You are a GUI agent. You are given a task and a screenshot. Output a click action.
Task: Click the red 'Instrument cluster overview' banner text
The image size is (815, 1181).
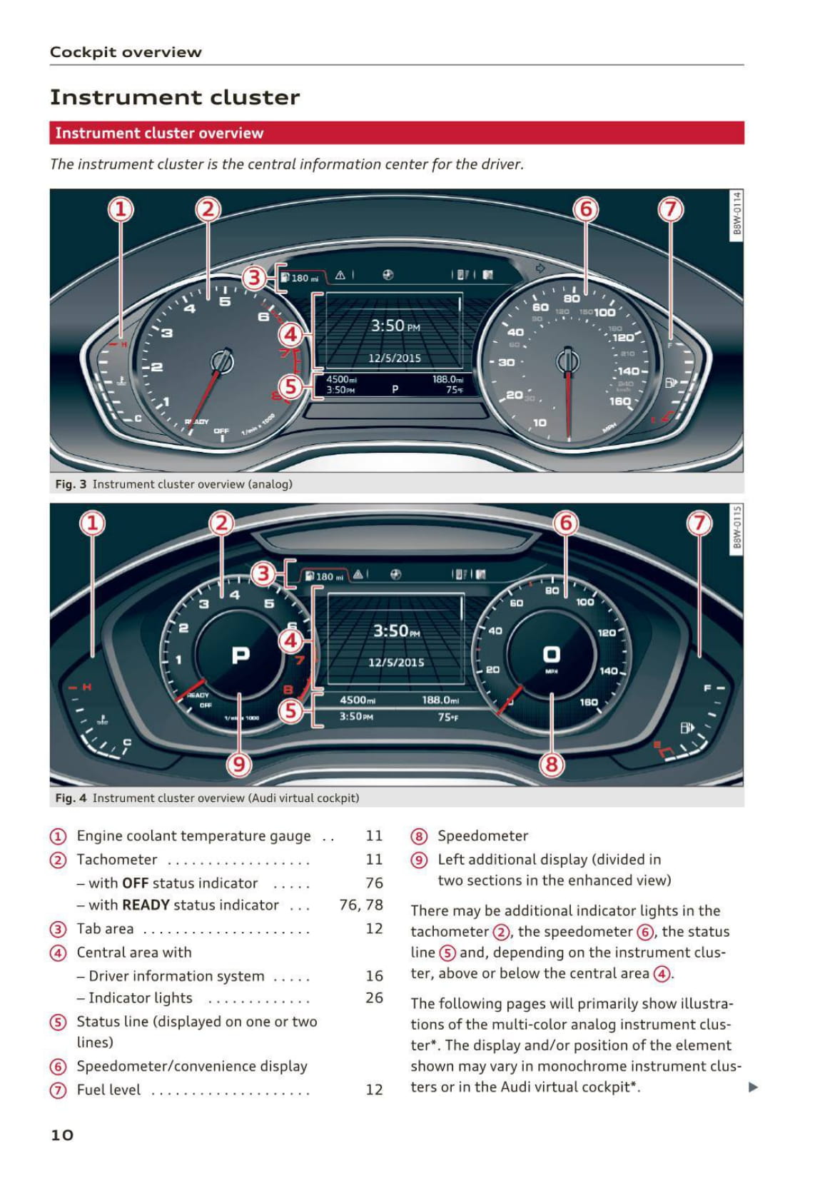pos(159,133)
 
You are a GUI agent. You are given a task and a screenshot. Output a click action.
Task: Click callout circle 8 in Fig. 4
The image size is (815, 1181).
pos(551,765)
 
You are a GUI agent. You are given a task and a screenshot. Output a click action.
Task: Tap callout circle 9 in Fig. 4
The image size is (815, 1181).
pos(239,765)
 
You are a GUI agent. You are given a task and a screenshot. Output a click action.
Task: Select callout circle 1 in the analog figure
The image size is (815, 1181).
pos(121,209)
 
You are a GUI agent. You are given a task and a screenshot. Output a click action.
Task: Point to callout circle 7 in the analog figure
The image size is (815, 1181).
pos(670,209)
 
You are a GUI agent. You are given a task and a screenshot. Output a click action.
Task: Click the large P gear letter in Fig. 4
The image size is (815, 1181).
pos(241,655)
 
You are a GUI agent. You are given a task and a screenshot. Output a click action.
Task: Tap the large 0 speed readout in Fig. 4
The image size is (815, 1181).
pos(552,654)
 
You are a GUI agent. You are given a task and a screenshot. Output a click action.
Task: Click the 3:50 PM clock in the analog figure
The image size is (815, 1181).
pos(395,326)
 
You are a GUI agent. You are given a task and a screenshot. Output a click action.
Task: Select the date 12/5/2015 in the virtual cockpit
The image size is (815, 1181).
pos(396,663)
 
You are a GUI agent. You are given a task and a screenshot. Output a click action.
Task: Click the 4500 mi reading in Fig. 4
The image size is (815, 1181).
pos(358,700)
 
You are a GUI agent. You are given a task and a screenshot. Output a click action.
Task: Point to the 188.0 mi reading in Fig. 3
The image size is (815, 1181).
pos(447,379)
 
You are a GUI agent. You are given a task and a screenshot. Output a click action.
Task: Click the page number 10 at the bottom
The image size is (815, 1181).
pos(62,1135)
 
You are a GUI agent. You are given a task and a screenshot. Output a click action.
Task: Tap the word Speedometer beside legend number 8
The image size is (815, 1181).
pos(482,835)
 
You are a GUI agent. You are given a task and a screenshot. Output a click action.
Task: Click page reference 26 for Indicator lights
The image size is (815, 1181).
pos(374,997)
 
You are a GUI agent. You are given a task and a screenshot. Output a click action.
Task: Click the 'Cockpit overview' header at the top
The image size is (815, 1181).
pos(126,52)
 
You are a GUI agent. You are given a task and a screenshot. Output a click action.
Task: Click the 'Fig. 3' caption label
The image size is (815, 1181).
pos(71,484)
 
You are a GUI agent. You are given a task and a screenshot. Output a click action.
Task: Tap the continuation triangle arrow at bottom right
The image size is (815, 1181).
pos(753,1087)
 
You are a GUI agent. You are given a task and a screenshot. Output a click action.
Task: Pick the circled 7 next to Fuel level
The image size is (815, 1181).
pos(58,1090)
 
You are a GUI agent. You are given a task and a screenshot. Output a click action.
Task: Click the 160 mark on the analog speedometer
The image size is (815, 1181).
pos(619,401)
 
